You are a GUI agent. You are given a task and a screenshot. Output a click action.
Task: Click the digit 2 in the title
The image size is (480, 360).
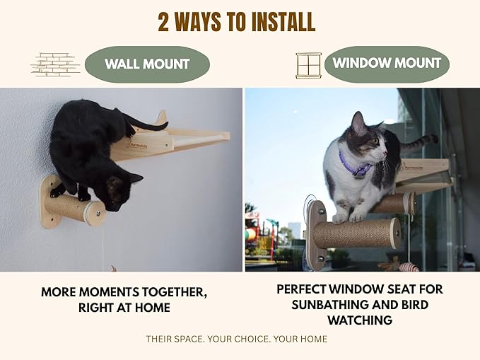[x=163, y=22]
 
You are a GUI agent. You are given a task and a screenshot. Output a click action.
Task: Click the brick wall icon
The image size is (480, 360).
[x=55, y=64]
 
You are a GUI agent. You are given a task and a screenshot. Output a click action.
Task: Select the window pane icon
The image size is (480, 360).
[x=308, y=65]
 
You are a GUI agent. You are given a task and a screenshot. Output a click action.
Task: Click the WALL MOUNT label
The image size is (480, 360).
[x=147, y=64]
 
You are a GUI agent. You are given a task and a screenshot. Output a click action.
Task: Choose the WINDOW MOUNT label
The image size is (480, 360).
[x=387, y=63]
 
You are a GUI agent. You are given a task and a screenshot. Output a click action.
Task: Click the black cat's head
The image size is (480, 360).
[x=121, y=192]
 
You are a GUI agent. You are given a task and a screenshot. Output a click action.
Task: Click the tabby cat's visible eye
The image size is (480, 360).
[x=375, y=141]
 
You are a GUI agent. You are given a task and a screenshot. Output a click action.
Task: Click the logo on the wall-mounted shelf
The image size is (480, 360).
[x=137, y=146]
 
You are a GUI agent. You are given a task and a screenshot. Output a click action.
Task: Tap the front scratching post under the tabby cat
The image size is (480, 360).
[x=356, y=233]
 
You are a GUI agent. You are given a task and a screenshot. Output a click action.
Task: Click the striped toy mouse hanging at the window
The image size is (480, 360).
[x=409, y=267]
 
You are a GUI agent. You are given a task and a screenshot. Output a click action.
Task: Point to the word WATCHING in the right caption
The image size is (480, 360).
[x=360, y=320]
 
